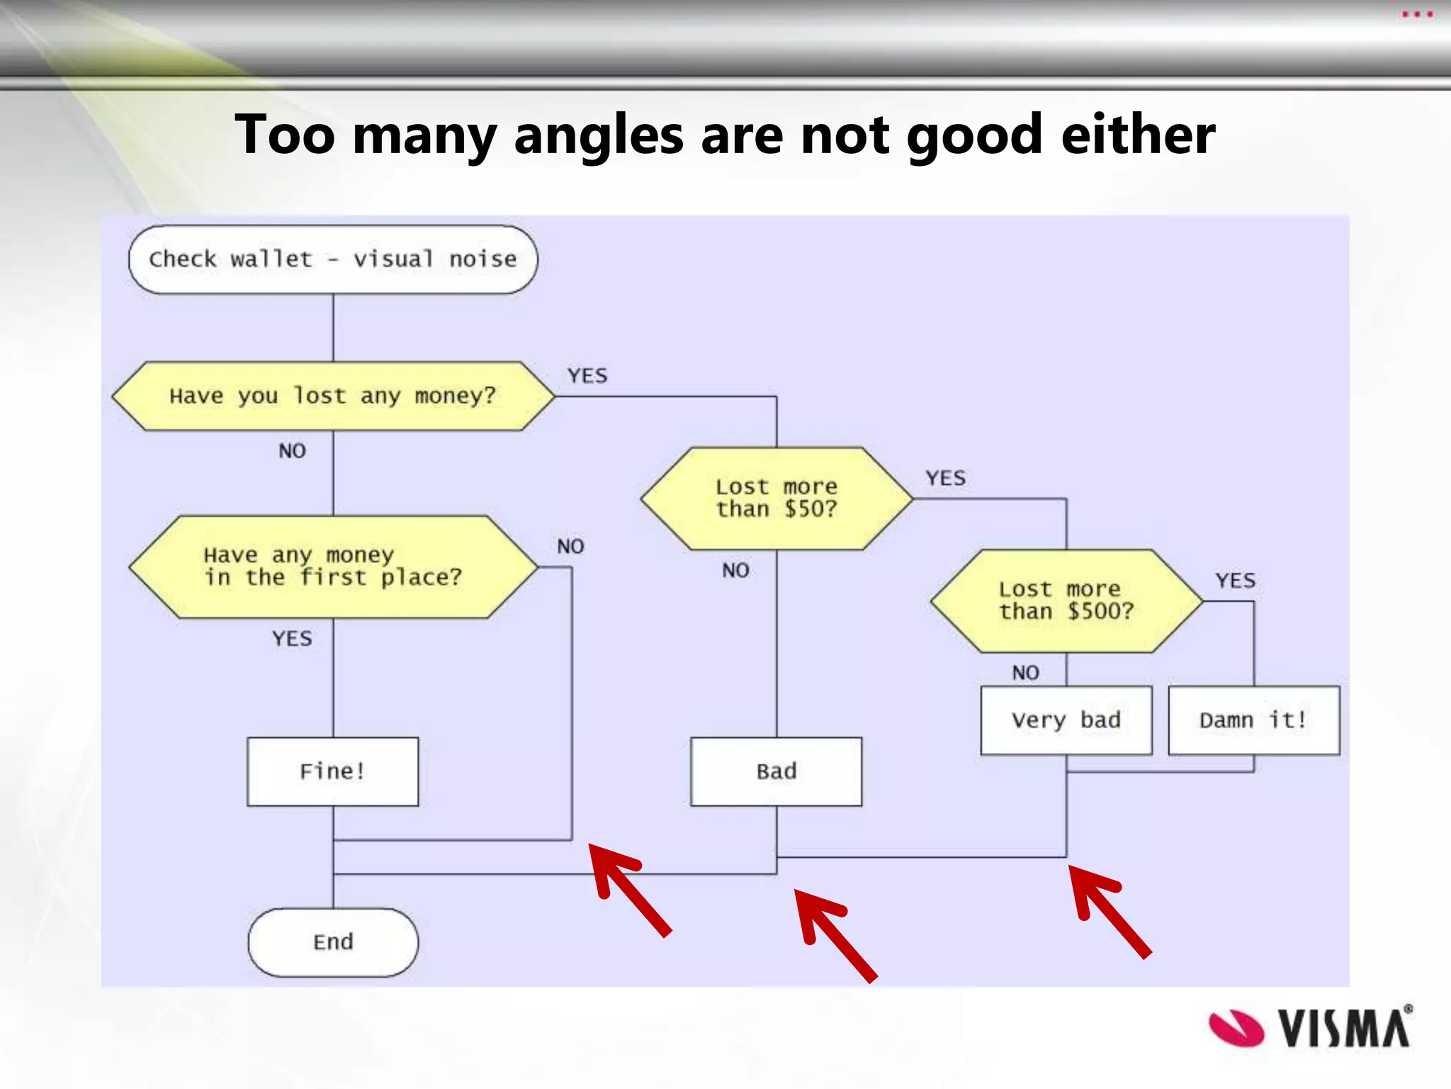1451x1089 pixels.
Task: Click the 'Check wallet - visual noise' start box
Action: (333, 259)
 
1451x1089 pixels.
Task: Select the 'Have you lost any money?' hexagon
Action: (333, 396)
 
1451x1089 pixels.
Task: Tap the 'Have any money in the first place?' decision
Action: (333, 566)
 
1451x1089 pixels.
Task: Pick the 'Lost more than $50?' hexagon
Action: (777, 498)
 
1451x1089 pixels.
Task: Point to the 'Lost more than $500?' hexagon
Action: (1066, 601)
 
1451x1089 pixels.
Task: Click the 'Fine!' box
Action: (333, 771)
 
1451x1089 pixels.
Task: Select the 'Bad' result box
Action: (777, 771)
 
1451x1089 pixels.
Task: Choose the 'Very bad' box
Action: (1066, 720)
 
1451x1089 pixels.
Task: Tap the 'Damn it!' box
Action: (1253, 720)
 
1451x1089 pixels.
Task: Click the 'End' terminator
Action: (333, 942)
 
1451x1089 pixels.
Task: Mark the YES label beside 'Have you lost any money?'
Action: (587, 376)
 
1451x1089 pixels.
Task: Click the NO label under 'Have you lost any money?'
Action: (292, 451)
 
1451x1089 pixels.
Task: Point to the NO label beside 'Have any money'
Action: (570, 547)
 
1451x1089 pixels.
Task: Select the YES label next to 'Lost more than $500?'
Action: (1236, 581)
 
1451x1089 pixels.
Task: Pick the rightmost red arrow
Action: (1108, 910)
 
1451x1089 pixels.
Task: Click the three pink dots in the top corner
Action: (1417, 14)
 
